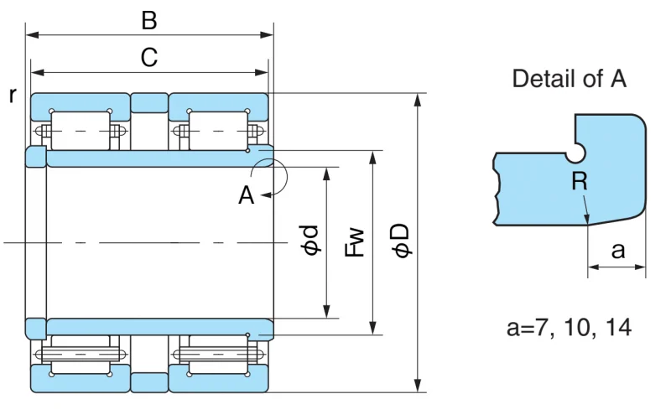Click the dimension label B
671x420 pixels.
(x=149, y=20)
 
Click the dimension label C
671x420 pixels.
(x=149, y=57)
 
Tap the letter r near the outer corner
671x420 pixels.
(x=13, y=96)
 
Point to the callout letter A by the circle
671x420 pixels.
(x=246, y=196)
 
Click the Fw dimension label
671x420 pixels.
(x=355, y=242)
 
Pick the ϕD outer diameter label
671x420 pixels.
(x=402, y=241)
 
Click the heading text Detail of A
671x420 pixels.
(x=570, y=79)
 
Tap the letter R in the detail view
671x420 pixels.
(x=580, y=181)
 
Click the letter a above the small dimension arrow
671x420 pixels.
(x=617, y=251)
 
